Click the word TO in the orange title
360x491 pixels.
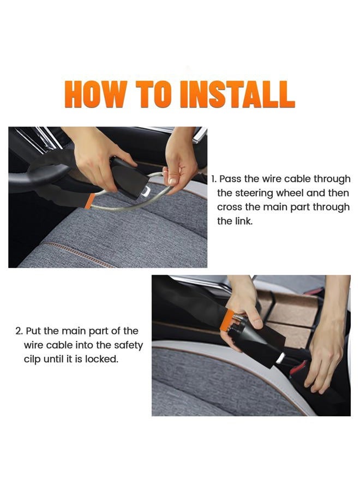pyautogui.click(x=152, y=94)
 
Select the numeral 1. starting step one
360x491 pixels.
pyautogui.click(x=214, y=179)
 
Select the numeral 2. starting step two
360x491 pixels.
pyautogui.click(x=19, y=331)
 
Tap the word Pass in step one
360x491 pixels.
pyautogui.click(x=230, y=179)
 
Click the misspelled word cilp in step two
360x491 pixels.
pyautogui.click(x=32, y=360)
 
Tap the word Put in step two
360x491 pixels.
pyautogui.click(x=33, y=331)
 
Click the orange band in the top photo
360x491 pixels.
pyautogui.click(x=91, y=200)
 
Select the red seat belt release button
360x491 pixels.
pyautogui.click(x=297, y=367)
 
